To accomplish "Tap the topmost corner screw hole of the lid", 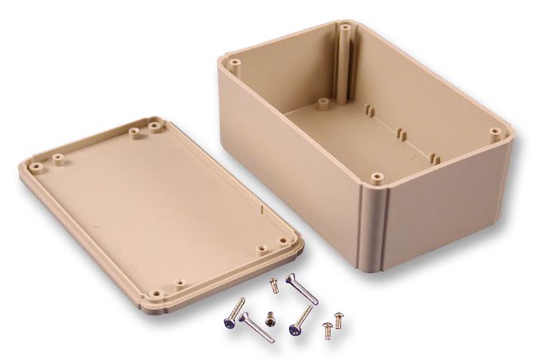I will [x=155, y=125].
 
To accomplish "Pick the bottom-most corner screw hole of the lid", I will [x=156, y=293].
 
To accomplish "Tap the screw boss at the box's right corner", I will [x=495, y=131].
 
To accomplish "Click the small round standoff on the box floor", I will [x=323, y=102].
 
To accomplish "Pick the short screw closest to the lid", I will [x=275, y=286].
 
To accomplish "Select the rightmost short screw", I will [x=338, y=321].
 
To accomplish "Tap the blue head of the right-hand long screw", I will [x=294, y=328].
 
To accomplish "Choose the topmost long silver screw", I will [x=301, y=289].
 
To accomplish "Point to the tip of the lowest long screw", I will [x=272, y=340].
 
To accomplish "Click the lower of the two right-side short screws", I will [x=327, y=330].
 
